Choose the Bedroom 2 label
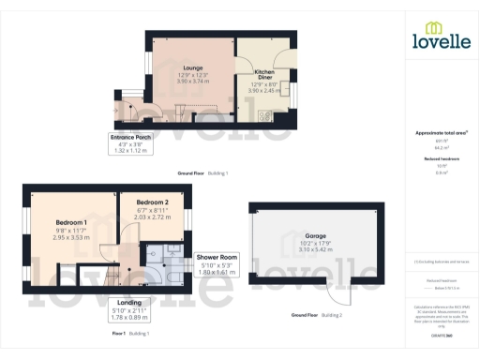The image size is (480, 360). (152, 202)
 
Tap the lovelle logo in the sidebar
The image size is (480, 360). (441, 37)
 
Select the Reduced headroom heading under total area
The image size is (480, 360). (442, 160)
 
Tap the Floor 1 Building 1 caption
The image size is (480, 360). (130, 333)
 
